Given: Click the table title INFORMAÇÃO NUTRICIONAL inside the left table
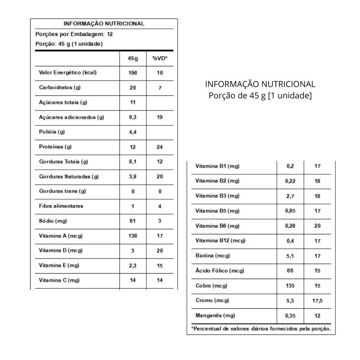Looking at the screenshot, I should pyautogui.click(x=104, y=24).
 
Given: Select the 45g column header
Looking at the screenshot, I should pyautogui.click(x=132, y=58).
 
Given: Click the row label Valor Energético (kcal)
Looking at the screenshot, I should pyautogui.click(x=68, y=73).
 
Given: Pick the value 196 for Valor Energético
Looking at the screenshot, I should pyautogui.click(x=132, y=73).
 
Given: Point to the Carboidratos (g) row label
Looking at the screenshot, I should pyautogui.click(x=60, y=88).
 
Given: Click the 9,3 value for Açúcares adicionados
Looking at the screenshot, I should pyautogui.click(x=132, y=117).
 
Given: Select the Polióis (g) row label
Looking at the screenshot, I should pyautogui.click(x=52, y=132).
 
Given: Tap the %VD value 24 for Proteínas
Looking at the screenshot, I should pyautogui.click(x=160, y=147).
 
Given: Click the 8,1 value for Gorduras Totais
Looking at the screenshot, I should pyautogui.click(x=132, y=162).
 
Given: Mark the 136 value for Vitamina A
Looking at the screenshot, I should pyautogui.click(x=132, y=236).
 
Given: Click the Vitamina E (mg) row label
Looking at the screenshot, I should pyautogui.click(x=59, y=265).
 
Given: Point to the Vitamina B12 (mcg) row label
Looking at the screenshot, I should pyautogui.click(x=220, y=241).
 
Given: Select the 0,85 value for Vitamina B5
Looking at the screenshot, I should pyautogui.click(x=290, y=211).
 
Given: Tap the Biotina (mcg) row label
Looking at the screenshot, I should pyautogui.click(x=213, y=256).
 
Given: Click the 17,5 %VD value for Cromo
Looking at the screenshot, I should pyautogui.click(x=318, y=300).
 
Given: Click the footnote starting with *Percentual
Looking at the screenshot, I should pyautogui.click(x=261, y=329).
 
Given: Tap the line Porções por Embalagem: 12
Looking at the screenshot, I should pyautogui.click(x=74, y=34).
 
